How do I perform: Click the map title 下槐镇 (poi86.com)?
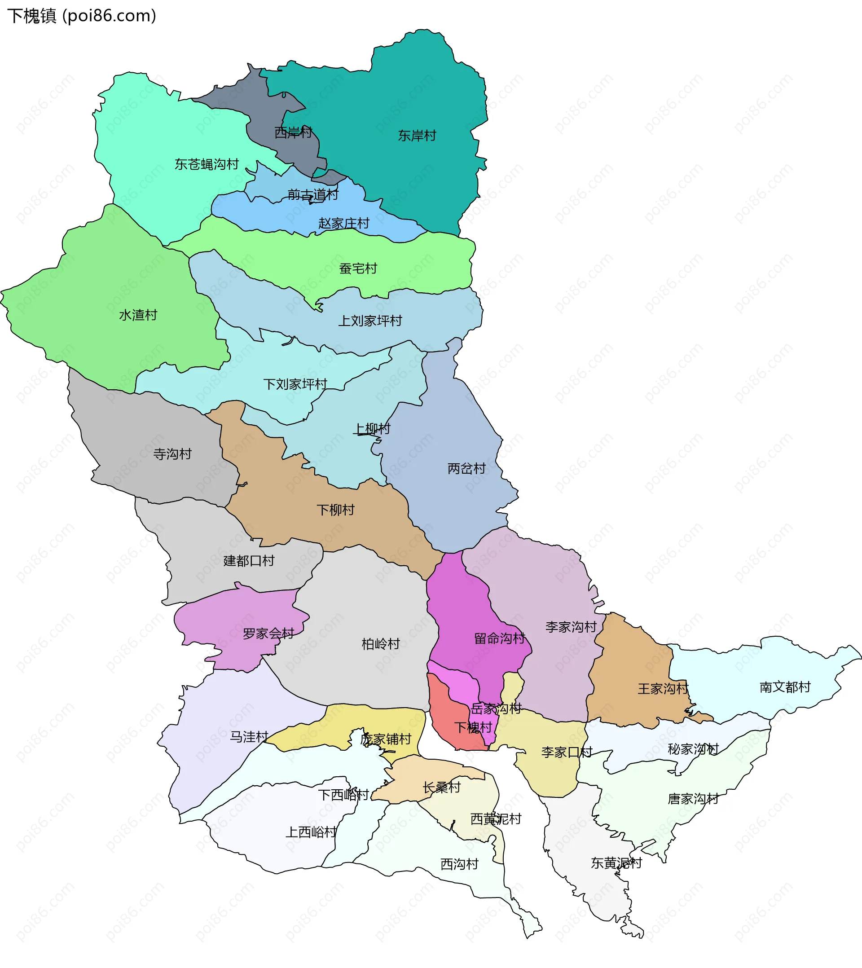click(81, 16)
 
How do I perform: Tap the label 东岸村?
click(417, 136)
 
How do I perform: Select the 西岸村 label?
click(293, 132)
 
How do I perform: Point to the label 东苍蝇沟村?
click(207, 164)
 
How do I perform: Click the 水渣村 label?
click(138, 315)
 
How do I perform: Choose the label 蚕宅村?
click(358, 268)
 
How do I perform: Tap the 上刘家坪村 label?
click(370, 321)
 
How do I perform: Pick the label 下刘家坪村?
click(295, 384)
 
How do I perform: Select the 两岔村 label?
click(466, 468)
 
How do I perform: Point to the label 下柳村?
click(335, 510)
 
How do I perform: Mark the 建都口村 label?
click(249, 561)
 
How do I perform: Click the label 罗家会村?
click(268, 634)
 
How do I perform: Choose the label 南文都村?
click(785, 686)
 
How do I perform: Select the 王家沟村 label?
click(663, 689)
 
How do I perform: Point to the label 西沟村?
click(459, 864)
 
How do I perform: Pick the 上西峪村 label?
click(311, 832)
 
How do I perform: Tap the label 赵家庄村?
click(343, 223)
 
